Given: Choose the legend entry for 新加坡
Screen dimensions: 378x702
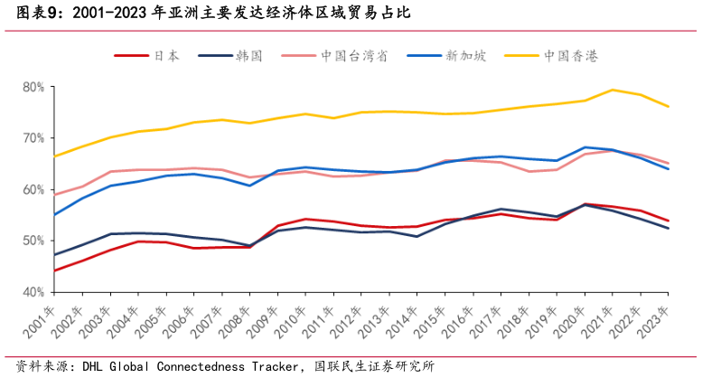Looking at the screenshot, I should pyautogui.click(x=465, y=56).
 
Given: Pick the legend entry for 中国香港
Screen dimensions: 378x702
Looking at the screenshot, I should pyautogui.click(x=570, y=56).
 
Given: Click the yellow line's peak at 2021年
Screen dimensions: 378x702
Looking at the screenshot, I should pyautogui.click(x=613, y=90).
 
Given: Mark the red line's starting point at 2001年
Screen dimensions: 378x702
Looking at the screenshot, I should pyautogui.click(x=54, y=270).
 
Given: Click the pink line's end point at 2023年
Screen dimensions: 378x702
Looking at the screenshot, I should pyautogui.click(x=669, y=164).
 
